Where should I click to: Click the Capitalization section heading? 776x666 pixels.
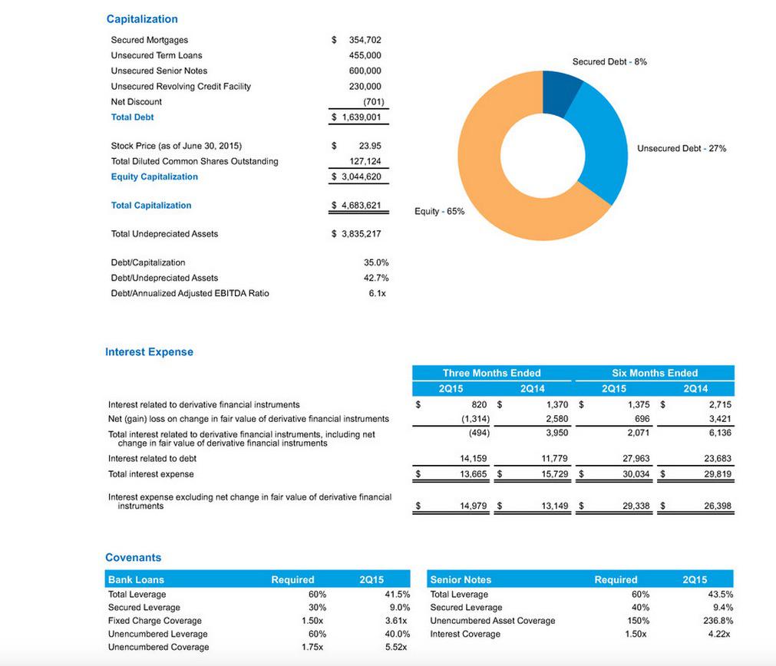(x=142, y=19)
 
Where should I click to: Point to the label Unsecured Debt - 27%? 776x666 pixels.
(x=681, y=148)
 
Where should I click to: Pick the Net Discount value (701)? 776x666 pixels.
(x=373, y=101)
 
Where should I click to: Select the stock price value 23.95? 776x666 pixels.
(x=370, y=146)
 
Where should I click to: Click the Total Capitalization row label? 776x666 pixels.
(x=151, y=206)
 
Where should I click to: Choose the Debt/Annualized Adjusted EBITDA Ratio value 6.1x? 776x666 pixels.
(x=377, y=293)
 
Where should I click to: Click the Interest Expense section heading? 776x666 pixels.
(x=149, y=352)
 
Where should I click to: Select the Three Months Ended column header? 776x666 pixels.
(x=491, y=373)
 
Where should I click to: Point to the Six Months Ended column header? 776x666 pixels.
(x=655, y=373)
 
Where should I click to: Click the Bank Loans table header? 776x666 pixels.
(x=136, y=580)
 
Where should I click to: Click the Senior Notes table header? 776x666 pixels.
(x=461, y=580)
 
